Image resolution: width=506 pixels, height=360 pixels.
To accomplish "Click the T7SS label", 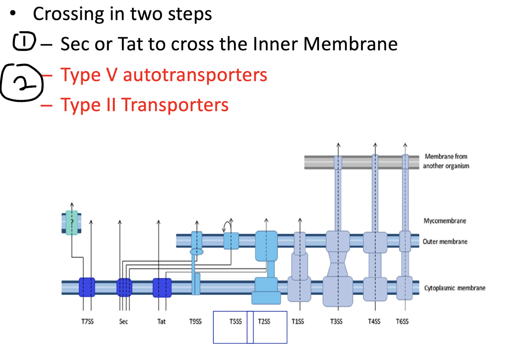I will pyautogui.click(x=87, y=322).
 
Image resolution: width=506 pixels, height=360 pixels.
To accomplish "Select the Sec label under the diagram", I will pyautogui.click(x=124, y=322).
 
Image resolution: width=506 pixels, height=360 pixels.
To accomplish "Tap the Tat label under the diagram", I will pyautogui.click(x=162, y=322).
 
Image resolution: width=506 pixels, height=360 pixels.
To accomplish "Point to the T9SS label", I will pyautogui.click(x=195, y=322).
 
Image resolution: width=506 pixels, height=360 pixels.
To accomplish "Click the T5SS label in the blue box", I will pyautogui.click(x=236, y=322).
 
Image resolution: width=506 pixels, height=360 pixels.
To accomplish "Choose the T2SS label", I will pyautogui.click(x=264, y=322).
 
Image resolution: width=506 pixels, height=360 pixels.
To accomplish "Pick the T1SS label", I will pyautogui.click(x=298, y=322).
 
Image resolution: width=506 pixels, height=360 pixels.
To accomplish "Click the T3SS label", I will pyautogui.click(x=336, y=322).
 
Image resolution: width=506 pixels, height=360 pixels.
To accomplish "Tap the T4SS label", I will pyautogui.click(x=374, y=322).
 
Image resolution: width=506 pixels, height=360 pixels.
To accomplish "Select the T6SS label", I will pyautogui.click(x=402, y=322).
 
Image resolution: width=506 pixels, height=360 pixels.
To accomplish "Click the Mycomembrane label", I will pyautogui.click(x=445, y=221).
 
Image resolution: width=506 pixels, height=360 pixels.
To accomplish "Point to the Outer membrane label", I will pyautogui.click(x=445, y=241).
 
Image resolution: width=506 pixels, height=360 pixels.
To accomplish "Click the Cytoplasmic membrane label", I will pyautogui.click(x=455, y=288).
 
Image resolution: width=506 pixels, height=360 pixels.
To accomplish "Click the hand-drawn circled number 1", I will pyautogui.click(x=24, y=41).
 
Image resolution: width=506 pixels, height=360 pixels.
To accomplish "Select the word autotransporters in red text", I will pyautogui.click(x=195, y=75).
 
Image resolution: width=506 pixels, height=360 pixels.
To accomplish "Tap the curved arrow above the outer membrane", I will pyautogui.click(x=227, y=226).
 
